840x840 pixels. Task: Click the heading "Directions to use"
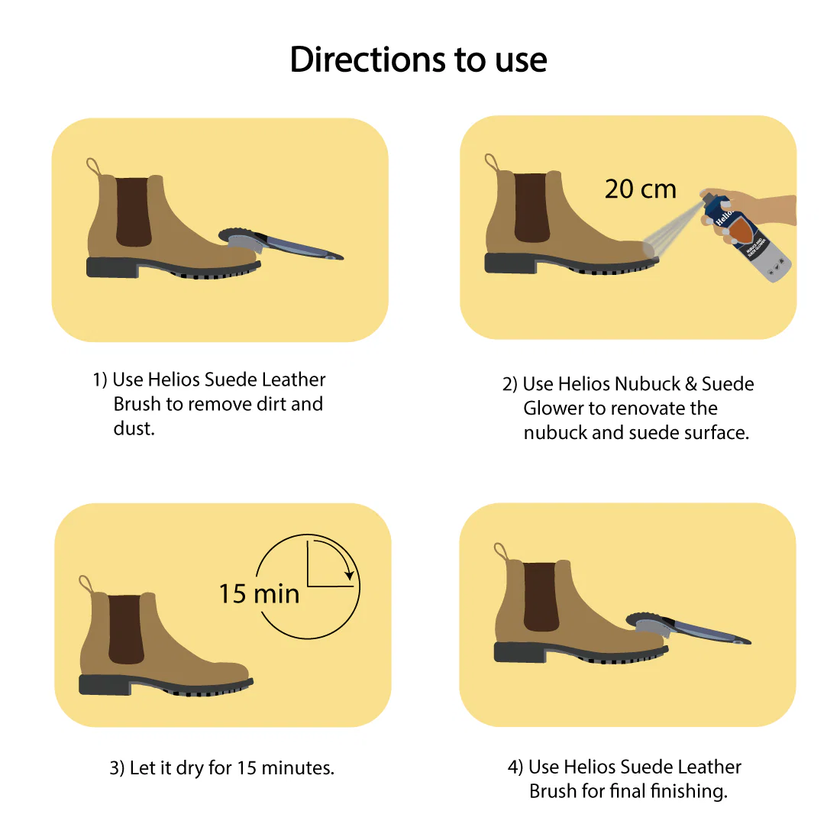(418, 60)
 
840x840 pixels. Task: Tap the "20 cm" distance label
(640, 189)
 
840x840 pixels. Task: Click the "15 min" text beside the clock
(259, 594)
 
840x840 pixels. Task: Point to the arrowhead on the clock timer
(350, 574)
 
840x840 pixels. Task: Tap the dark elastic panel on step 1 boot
(133, 212)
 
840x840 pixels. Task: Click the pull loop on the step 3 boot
(85, 585)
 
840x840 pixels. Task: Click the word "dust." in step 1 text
(134, 428)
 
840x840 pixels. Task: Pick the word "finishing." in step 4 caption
(689, 791)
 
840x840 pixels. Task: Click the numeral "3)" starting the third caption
(117, 767)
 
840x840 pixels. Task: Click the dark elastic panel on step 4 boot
(541, 597)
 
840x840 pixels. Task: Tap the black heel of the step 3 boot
(105, 684)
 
